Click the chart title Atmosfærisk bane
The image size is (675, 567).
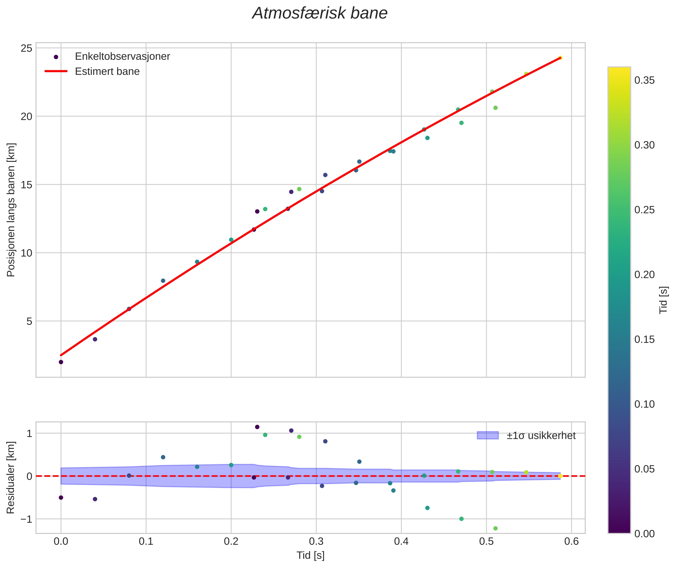tap(320, 13)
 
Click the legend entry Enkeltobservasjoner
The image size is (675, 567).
tap(122, 57)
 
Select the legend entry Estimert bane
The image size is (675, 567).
tap(107, 71)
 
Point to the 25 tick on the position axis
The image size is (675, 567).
tap(27, 48)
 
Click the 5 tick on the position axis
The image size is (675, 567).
tap(30, 321)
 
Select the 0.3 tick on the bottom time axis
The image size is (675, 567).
tap(316, 542)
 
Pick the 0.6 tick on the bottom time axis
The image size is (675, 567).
tap(571, 542)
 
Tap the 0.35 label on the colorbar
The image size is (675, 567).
tap(644, 80)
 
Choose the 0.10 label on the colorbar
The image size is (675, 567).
tap(644, 404)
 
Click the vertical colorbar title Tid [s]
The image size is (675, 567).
tap(663, 300)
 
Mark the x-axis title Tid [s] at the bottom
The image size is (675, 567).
tap(310, 555)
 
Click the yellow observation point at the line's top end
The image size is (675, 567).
tap(560, 58)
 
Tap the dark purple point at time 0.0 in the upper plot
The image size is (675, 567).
tap(61, 362)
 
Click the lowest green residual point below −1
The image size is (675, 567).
tap(495, 528)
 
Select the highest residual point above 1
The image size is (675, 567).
tap(257, 427)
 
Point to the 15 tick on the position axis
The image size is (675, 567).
tap(27, 185)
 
